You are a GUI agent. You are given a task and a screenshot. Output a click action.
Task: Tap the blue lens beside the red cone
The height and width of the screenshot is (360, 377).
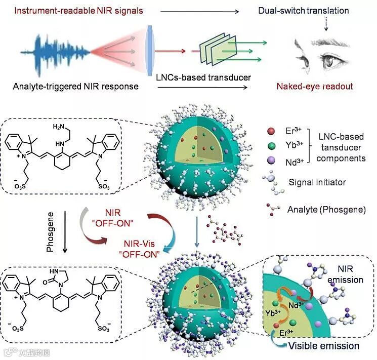pos(149,51)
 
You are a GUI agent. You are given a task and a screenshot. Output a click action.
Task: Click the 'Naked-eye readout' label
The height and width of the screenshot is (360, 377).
pos(315,86)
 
